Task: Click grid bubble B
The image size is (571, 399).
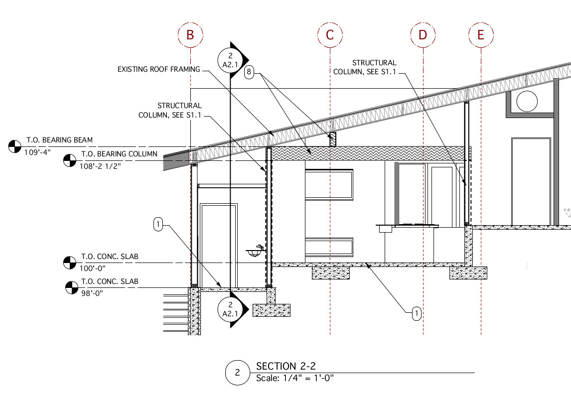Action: click(190, 35)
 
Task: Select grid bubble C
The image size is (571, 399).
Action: click(330, 35)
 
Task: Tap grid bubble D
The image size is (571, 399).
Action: click(423, 35)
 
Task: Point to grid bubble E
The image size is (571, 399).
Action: click(481, 35)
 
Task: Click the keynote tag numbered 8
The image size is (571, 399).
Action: click(249, 72)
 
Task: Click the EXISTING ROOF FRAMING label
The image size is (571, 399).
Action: click(159, 69)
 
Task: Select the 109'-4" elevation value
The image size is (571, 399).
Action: click(37, 152)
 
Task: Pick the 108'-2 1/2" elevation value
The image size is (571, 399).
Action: click(100, 166)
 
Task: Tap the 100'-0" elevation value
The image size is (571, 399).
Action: click(93, 268)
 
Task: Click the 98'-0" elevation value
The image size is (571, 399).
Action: click(92, 293)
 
